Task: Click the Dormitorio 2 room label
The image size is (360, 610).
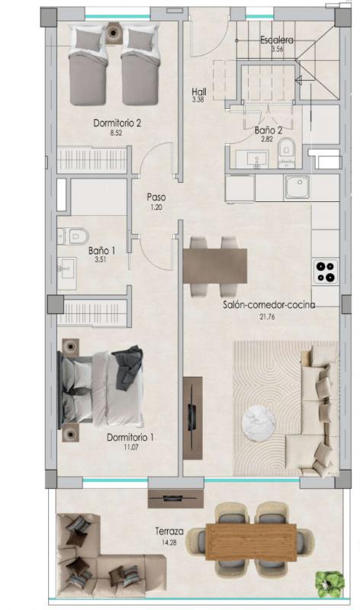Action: point(117,122)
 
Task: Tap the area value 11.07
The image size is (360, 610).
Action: point(120,448)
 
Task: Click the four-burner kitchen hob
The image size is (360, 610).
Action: point(326,271)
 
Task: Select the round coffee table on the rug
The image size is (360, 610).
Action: point(259,422)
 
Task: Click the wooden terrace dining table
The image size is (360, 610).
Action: point(251,541)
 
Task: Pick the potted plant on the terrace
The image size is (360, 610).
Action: point(331,583)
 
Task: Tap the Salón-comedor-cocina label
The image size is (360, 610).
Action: point(269,304)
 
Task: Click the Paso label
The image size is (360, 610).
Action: point(156,197)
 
